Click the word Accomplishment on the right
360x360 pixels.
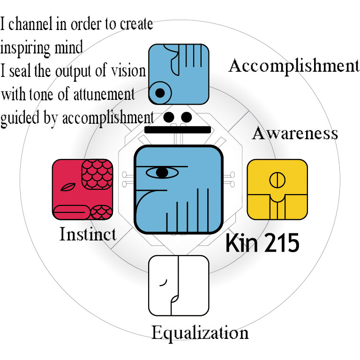[293, 66]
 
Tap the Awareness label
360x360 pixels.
[295, 133]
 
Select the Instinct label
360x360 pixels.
[88, 233]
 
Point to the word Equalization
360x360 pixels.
[200, 333]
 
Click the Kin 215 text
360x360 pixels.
[262, 244]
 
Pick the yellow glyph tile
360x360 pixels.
[277, 189]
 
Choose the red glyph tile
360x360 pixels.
[82, 189]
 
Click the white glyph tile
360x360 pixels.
[179, 285]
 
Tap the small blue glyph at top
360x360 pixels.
[179, 74]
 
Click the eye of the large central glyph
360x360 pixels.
[162, 172]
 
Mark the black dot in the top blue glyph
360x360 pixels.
[160, 93]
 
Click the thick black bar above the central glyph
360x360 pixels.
[177, 130]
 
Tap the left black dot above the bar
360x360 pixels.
[169, 116]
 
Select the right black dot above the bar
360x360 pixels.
[186, 116]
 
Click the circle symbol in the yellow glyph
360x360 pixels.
[277, 179]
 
